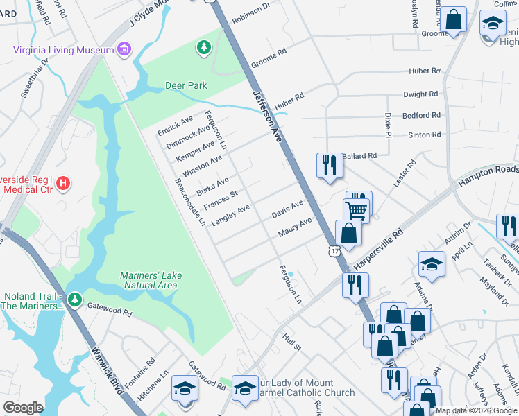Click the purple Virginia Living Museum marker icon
pyautogui.click(x=124, y=49)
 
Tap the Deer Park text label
pyautogui.click(x=186, y=85)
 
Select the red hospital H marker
pyautogui.click(x=62, y=184)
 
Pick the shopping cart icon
pyautogui.click(x=356, y=209)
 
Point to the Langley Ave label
pyautogui.click(x=230, y=215)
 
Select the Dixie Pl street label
pyautogui.click(x=388, y=125)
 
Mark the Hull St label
pyautogui.click(x=291, y=342)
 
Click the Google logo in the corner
pyautogui.click(x=23, y=408)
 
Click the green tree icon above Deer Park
pyautogui.click(x=203, y=47)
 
